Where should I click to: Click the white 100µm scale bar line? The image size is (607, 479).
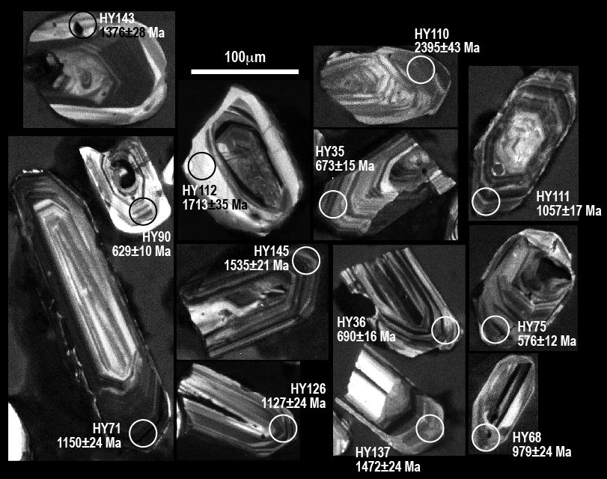tap(245, 71)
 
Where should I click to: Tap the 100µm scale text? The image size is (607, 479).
tap(245, 58)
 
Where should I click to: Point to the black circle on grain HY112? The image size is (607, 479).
tap(189, 166)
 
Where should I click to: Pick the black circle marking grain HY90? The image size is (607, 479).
tap(129, 211)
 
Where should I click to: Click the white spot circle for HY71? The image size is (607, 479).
tap(129, 433)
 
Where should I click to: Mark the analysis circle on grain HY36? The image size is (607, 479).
tap(432, 330)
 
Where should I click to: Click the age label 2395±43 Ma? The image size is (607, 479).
tap(447, 47)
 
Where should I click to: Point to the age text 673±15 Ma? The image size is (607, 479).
tap(345, 165)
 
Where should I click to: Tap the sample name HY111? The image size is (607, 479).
tap(553, 196)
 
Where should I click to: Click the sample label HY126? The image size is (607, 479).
tap(308, 388)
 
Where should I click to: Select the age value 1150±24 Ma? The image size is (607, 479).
tap(89, 442)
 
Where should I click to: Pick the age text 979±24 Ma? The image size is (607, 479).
tap(542, 451)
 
